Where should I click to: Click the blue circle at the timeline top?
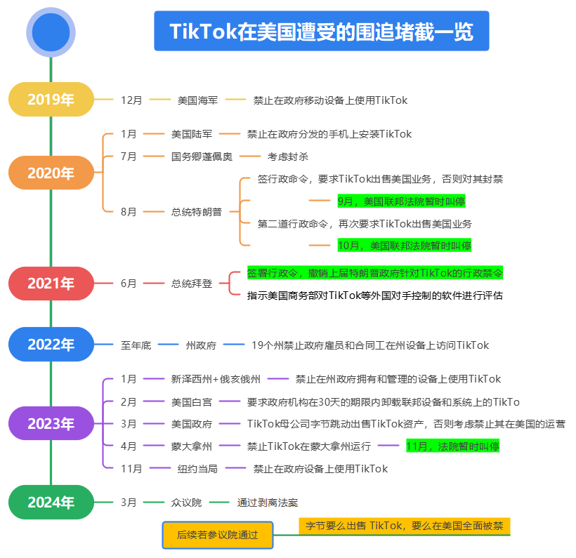(51, 32)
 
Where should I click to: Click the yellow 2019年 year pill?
(51, 100)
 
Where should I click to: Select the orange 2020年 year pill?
(51, 173)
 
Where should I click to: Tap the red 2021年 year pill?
(51, 284)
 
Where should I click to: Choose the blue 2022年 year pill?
(51, 345)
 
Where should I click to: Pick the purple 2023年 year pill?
(51, 423)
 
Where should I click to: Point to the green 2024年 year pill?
(51, 502)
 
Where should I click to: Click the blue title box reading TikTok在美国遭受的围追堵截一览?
(321, 32)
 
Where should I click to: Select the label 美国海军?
(197, 100)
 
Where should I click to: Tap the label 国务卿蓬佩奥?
(202, 157)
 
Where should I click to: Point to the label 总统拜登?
(191, 284)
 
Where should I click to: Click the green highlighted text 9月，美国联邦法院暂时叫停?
(400, 201)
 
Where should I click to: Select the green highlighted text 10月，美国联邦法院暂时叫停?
(404, 245)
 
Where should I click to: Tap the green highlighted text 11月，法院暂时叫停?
(452, 446)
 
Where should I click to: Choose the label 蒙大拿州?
(191, 446)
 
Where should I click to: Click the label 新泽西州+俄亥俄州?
(216, 379)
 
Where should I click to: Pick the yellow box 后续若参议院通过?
(217, 534)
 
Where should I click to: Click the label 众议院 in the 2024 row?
(186, 503)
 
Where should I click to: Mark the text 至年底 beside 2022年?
(136, 345)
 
